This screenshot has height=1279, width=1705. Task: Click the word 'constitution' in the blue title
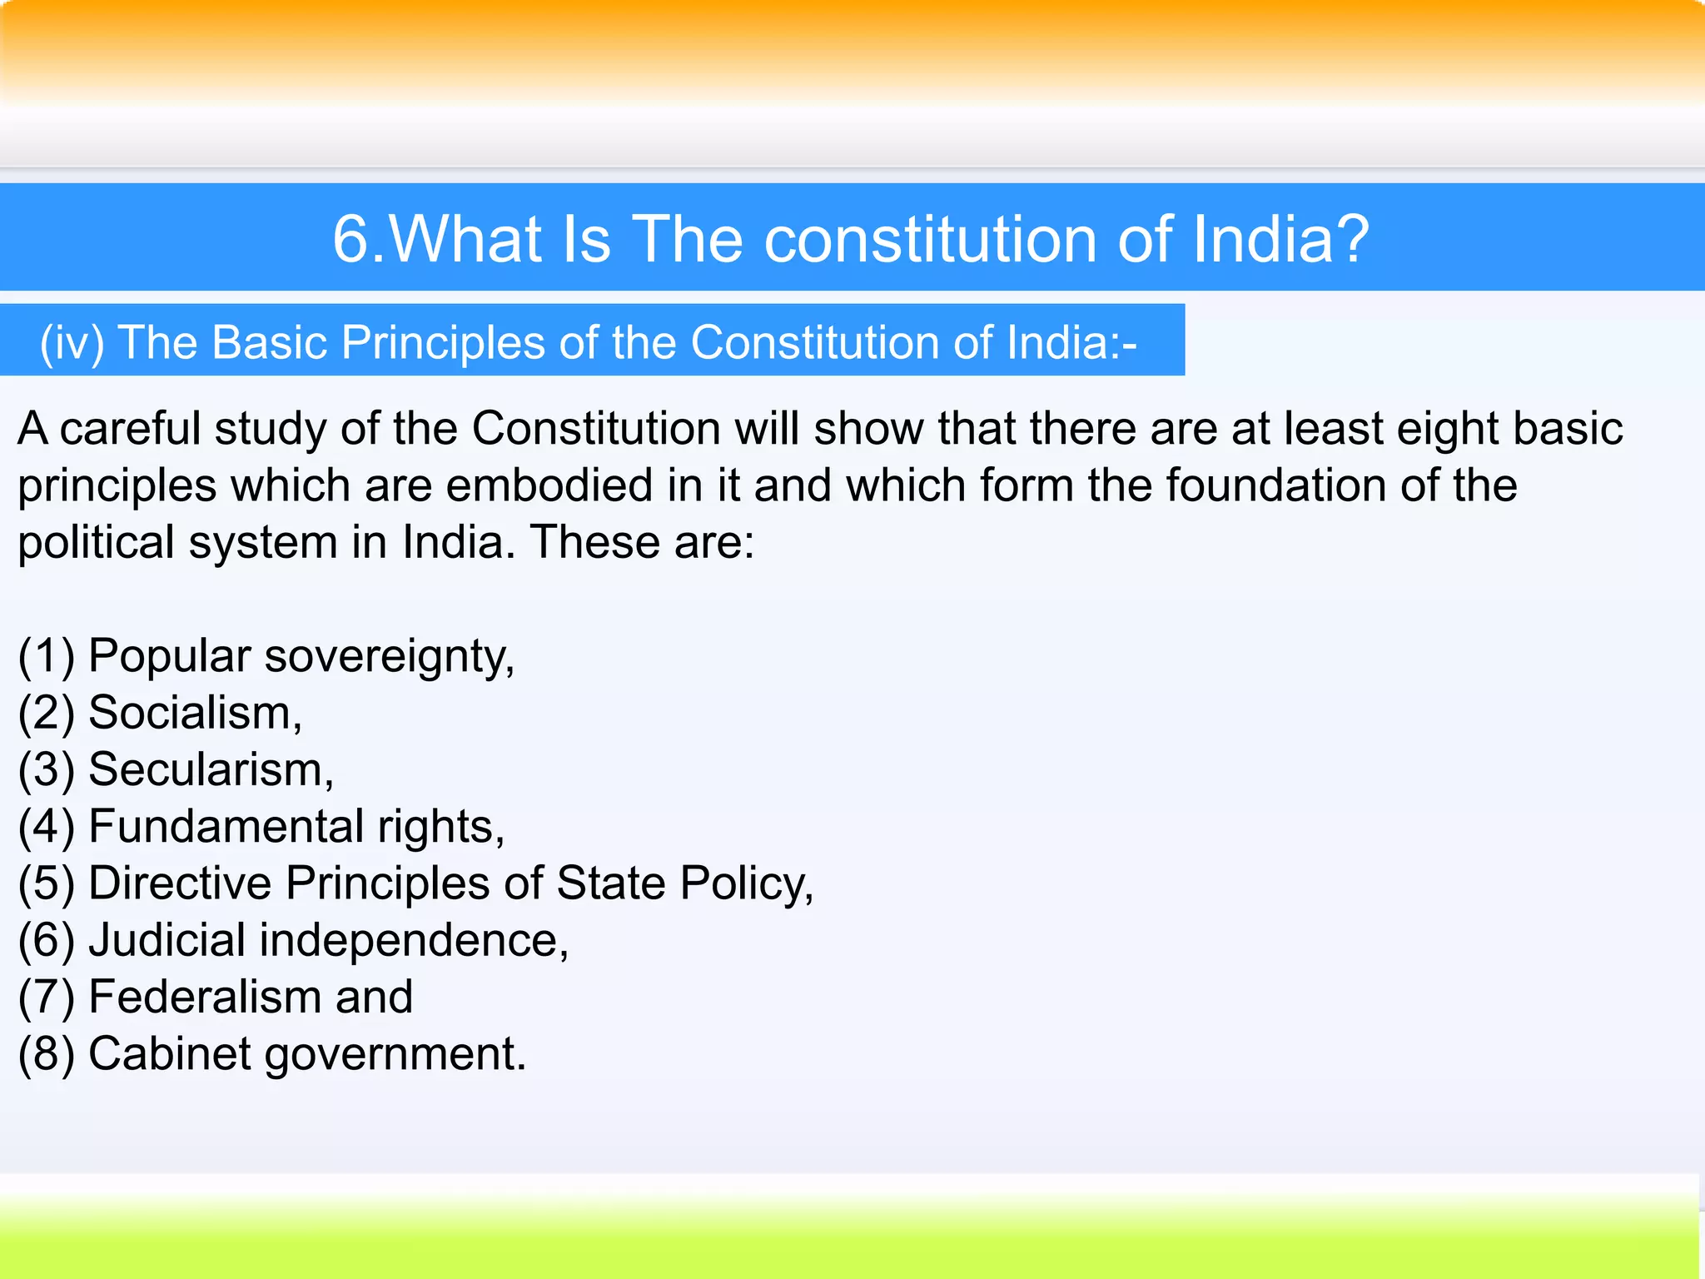point(932,239)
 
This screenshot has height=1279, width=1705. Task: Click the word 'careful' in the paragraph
point(130,429)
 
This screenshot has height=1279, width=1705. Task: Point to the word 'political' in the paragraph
point(96,543)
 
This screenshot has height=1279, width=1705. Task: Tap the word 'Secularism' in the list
point(206,769)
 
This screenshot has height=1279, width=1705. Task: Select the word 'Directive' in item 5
point(180,883)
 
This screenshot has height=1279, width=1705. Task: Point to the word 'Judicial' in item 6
point(167,940)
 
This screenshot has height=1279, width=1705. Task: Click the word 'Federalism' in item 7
point(205,997)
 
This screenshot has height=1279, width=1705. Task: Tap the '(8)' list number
point(47,1054)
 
